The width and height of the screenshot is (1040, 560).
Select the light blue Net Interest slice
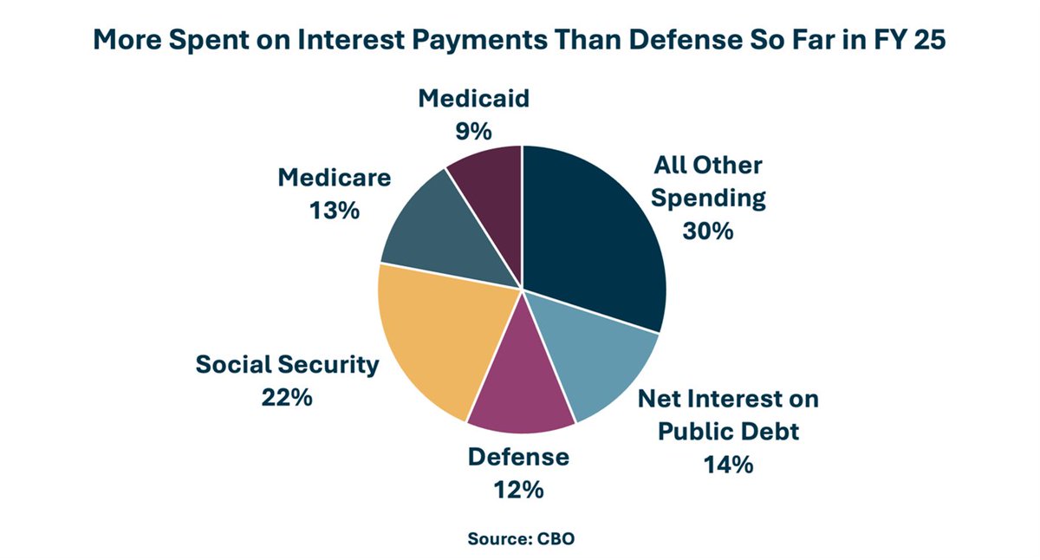click(598, 355)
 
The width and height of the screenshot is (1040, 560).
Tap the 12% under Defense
click(518, 490)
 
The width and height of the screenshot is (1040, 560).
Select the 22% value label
click(287, 398)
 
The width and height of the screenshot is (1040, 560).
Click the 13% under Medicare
click(334, 211)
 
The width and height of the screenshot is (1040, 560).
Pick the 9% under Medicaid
click(473, 132)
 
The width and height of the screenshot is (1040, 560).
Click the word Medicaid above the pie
click(473, 98)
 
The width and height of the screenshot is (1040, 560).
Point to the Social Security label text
click(287, 364)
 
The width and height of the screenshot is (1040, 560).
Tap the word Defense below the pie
click(518, 457)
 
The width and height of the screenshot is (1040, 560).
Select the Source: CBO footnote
click(521, 538)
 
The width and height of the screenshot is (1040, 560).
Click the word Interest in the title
click(354, 41)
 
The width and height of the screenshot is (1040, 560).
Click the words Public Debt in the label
click(728, 431)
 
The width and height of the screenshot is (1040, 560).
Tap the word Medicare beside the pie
click(334, 178)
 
